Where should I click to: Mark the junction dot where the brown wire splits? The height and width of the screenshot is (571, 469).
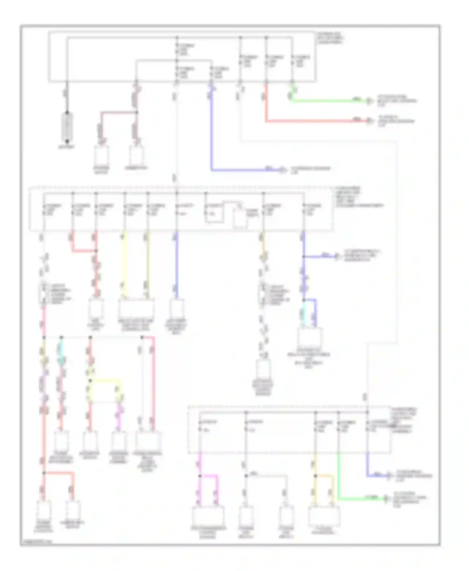(x=136, y=112)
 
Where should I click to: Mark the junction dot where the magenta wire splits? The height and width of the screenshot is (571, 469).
(x=200, y=476)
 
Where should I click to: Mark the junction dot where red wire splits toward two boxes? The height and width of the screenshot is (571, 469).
(x=44, y=473)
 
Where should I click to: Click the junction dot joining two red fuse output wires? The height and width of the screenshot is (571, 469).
(x=96, y=251)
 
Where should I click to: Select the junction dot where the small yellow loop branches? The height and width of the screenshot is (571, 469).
(x=90, y=380)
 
